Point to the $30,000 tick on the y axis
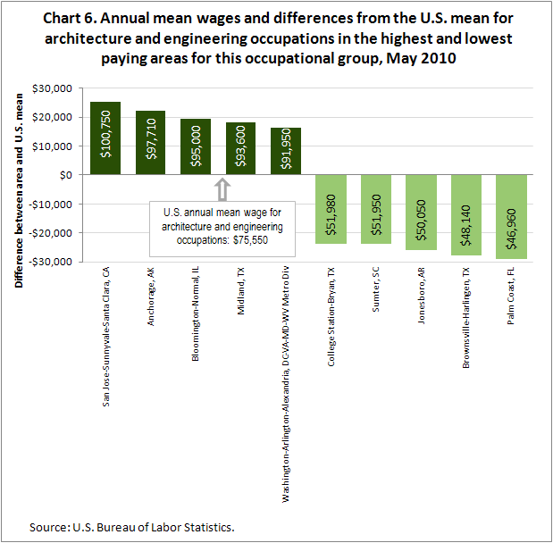tap(53, 88)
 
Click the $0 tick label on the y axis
tap(65, 175)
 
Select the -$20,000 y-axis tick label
tap(50, 232)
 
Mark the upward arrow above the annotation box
tap(222, 188)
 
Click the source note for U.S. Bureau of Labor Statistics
tap(131, 526)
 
